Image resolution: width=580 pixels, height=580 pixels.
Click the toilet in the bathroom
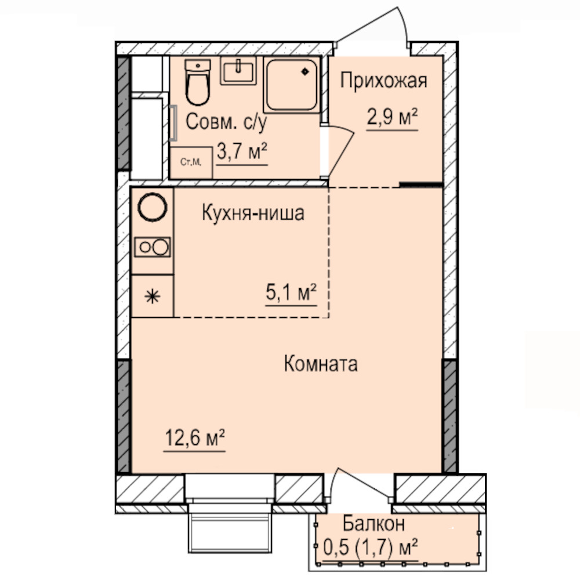tap(198, 82)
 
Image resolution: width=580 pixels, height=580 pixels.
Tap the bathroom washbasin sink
tap(238, 70)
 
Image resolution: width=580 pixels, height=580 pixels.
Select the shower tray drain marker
tap(305, 71)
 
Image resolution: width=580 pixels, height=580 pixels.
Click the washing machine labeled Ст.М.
tap(191, 162)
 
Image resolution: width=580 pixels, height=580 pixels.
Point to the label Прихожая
tap(383, 81)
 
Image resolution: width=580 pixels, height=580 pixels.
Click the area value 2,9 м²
tap(392, 117)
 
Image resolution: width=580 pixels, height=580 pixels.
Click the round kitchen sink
tap(153, 207)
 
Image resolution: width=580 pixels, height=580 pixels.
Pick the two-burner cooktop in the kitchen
tap(153, 247)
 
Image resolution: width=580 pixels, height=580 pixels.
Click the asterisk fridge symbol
tap(153, 296)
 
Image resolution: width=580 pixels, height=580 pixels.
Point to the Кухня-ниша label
tap(253, 213)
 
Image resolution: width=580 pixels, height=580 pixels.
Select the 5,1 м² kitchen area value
tap(291, 292)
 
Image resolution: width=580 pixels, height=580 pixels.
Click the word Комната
tap(321, 364)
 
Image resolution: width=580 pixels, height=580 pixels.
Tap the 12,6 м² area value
tap(194, 438)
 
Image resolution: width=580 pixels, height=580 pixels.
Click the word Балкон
tap(374, 524)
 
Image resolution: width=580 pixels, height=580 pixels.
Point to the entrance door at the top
tap(372, 26)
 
